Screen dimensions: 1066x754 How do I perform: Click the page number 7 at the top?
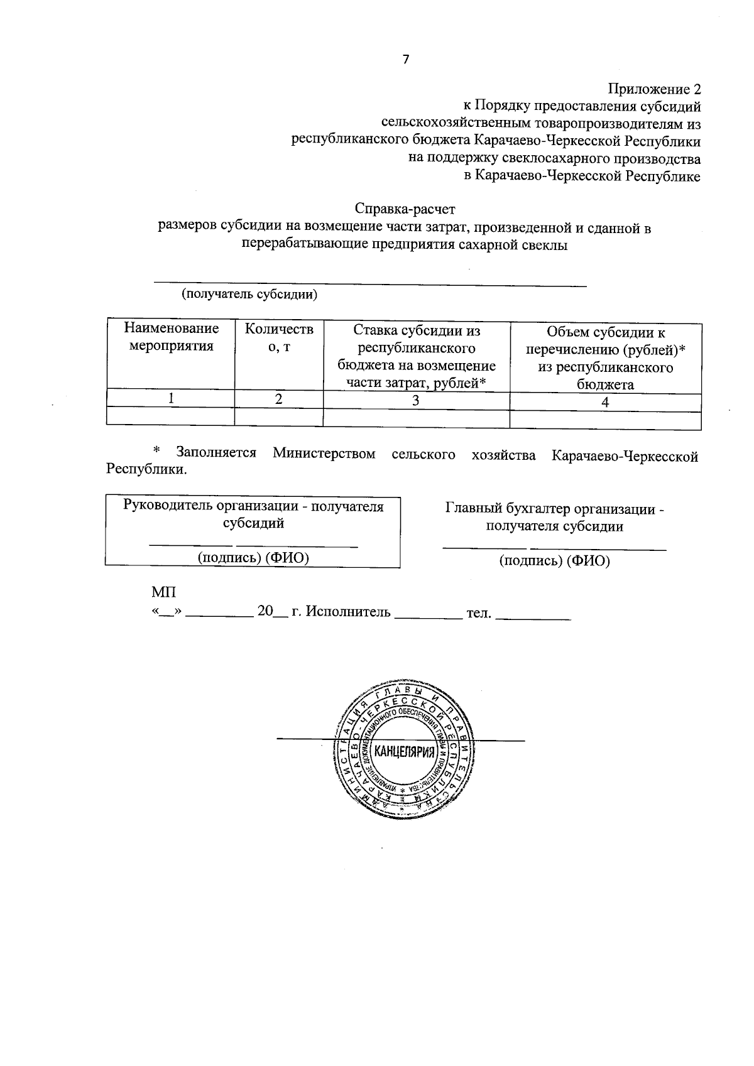[405, 60]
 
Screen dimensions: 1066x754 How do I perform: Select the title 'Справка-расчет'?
[405, 208]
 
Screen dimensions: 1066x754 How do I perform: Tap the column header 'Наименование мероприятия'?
[171, 337]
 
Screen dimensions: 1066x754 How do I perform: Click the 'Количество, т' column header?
[279, 337]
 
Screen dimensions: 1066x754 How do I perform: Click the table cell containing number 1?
[170, 398]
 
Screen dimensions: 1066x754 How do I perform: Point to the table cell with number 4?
[605, 402]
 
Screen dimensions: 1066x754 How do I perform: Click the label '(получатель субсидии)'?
[249, 294]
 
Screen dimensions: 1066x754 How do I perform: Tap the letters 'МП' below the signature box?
[163, 592]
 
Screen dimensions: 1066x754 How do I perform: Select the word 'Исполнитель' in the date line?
[348, 612]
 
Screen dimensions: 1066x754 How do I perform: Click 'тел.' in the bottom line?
[478, 612]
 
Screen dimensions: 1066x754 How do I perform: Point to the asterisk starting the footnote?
[157, 451]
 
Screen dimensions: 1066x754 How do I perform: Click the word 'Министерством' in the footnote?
[324, 454]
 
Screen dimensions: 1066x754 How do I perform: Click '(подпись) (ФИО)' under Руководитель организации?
[254, 557]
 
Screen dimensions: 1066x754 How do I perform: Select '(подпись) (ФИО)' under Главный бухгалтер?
[554, 561]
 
